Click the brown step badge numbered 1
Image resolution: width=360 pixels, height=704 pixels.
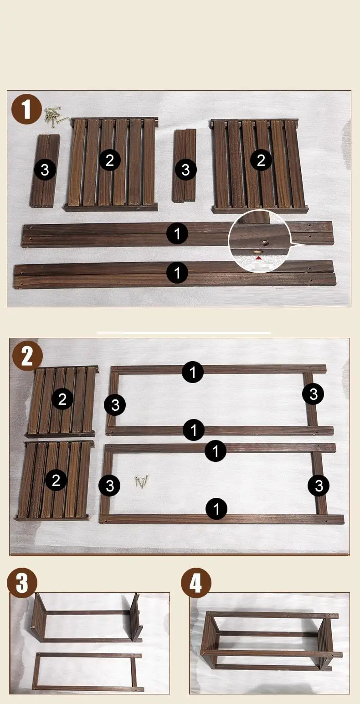click(27, 109)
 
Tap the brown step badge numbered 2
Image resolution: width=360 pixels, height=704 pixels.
click(27, 356)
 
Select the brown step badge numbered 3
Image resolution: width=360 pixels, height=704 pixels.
click(22, 583)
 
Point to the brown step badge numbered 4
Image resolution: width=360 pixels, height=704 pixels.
click(196, 583)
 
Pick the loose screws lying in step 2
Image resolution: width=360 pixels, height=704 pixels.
click(141, 481)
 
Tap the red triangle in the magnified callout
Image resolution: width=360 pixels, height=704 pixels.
click(258, 258)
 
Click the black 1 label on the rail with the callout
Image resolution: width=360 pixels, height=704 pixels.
click(177, 233)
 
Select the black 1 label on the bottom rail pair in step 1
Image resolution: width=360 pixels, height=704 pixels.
click(177, 272)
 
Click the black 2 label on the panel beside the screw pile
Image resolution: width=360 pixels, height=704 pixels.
click(110, 160)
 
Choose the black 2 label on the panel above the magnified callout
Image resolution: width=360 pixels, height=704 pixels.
click(261, 160)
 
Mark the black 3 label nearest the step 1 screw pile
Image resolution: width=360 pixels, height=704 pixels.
click(45, 170)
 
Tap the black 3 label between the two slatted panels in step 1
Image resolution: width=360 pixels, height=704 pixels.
click(185, 170)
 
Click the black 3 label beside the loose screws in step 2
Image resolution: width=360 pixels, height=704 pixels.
click(109, 486)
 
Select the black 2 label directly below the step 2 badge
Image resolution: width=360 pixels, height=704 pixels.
click(62, 399)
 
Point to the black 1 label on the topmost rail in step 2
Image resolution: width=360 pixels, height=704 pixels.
click(193, 372)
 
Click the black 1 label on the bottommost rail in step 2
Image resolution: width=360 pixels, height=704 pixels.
click(216, 508)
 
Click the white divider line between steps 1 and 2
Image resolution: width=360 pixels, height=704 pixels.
click(184, 332)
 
